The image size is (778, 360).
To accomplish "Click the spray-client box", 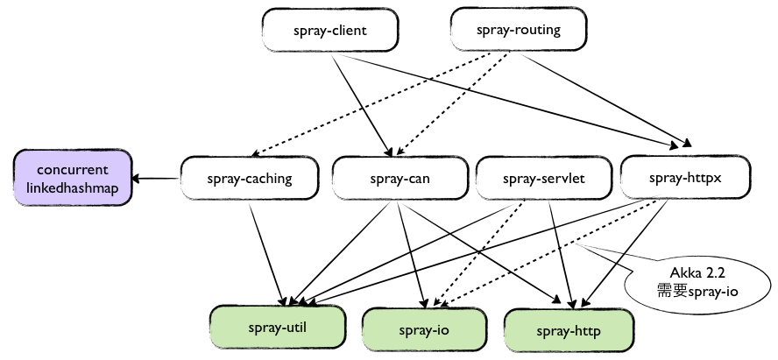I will (x=329, y=32).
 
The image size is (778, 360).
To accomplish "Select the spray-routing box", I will (x=518, y=32).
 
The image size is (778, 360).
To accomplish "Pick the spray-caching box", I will (x=250, y=180).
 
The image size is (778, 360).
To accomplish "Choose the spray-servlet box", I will (x=543, y=180).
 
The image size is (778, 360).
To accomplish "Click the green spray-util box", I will (x=275, y=327).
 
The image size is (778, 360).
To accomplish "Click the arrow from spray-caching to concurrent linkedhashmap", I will (x=158, y=180).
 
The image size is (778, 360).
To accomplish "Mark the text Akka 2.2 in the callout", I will (x=692, y=272).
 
